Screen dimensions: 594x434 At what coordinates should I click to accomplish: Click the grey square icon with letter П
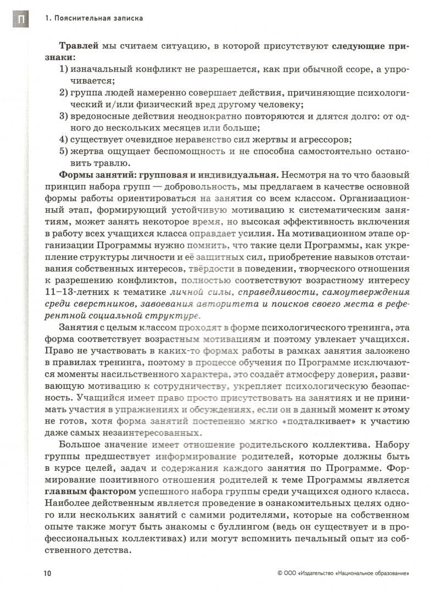19,20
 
